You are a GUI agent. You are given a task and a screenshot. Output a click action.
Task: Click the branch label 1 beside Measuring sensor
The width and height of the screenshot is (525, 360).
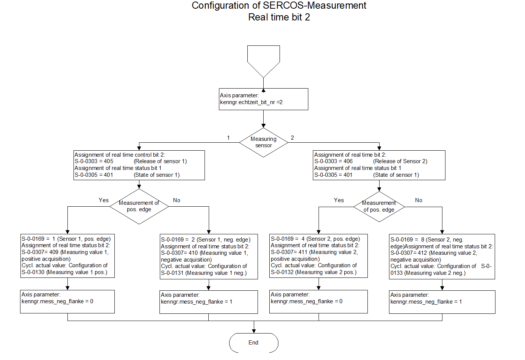[228, 138]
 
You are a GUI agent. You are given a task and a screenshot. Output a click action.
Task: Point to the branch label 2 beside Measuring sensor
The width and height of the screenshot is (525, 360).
[292, 138]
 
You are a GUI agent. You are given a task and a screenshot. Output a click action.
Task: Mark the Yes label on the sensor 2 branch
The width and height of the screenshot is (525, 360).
[339, 200]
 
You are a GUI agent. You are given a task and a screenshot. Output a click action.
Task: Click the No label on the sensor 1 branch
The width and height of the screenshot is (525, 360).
[177, 200]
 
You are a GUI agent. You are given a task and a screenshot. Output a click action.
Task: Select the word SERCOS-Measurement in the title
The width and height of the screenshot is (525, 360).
[314, 5]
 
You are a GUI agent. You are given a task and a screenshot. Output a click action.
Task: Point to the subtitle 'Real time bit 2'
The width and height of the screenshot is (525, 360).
[279, 17]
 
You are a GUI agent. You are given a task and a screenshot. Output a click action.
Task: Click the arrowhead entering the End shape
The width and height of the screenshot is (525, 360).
[254, 331]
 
